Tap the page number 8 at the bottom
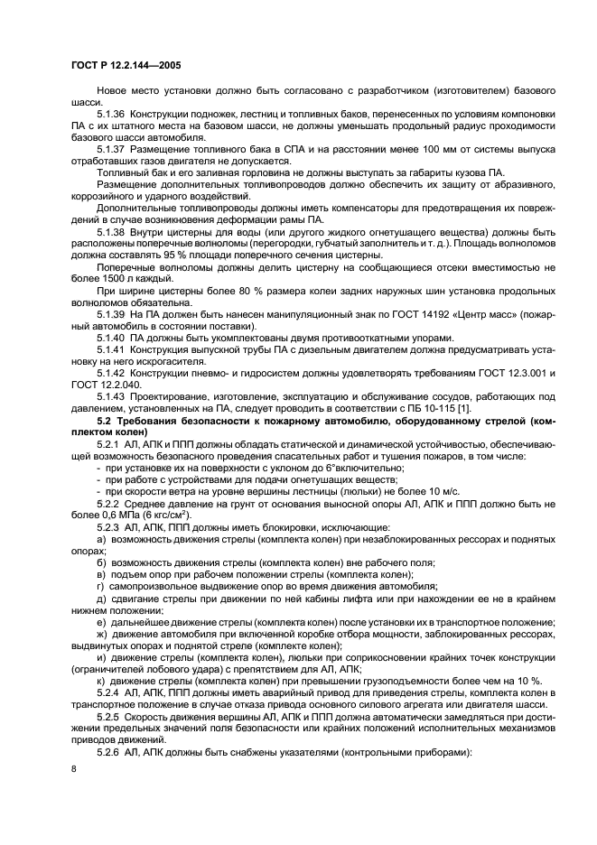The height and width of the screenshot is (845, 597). click(72, 767)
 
